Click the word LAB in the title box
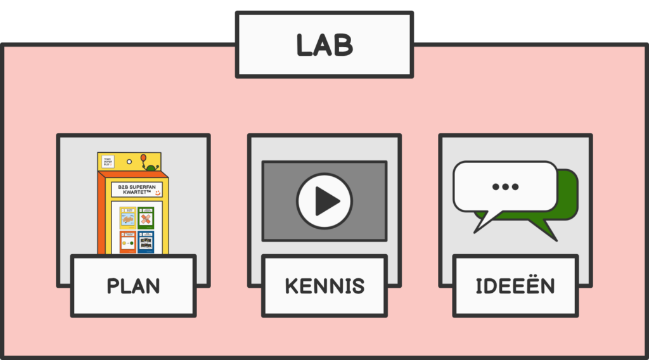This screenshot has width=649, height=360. (x=324, y=45)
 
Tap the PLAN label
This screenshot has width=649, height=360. (x=133, y=286)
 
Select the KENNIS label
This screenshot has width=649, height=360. (x=324, y=286)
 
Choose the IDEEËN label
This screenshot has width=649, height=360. (x=515, y=286)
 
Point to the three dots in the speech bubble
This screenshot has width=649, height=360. (x=505, y=186)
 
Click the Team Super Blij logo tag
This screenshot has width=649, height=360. (x=107, y=162)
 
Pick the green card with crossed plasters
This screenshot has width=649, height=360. (x=146, y=218)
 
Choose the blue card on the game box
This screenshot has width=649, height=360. (x=146, y=241)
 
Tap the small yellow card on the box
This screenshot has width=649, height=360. (x=127, y=218)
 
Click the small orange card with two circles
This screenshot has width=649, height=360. (x=127, y=241)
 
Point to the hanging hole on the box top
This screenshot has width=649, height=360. (x=129, y=161)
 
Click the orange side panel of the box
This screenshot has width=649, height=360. (x=101, y=215)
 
